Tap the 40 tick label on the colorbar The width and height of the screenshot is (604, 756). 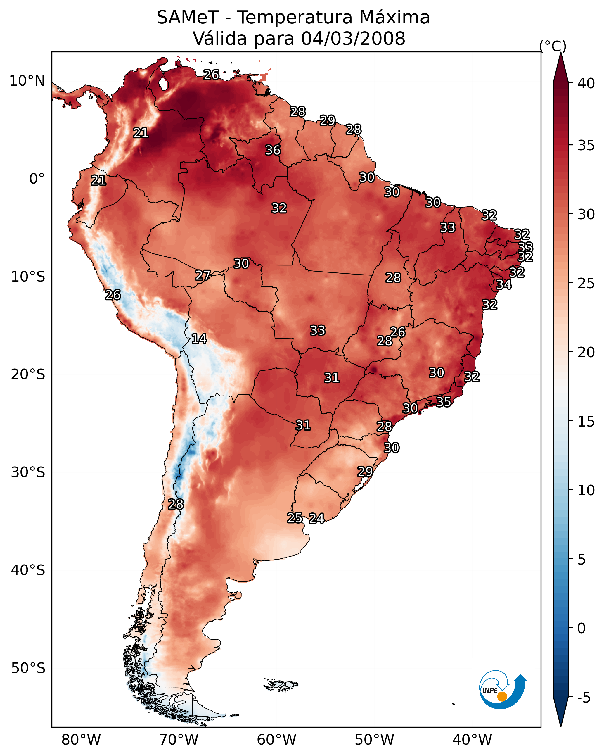tap(586, 83)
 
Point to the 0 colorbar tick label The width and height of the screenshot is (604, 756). tap(581, 628)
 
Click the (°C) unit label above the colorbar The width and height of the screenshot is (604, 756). tap(553, 46)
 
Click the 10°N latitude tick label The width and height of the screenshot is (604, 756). tap(27, 81)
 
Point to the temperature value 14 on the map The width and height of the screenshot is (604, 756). tap(199, 339)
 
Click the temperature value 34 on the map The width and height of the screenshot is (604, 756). tap(504, 284)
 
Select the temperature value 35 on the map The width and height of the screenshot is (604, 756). tap(444, 401)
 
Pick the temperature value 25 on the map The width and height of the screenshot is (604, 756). tap(295, 518)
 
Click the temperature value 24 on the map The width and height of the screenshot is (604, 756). tap(316, 518)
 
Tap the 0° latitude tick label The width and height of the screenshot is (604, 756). tap(37, 179)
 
